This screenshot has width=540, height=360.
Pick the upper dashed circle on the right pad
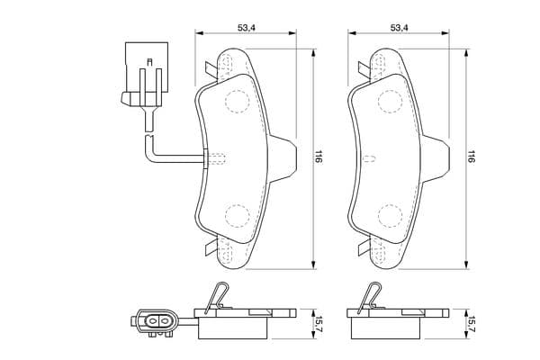coord(391,101)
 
